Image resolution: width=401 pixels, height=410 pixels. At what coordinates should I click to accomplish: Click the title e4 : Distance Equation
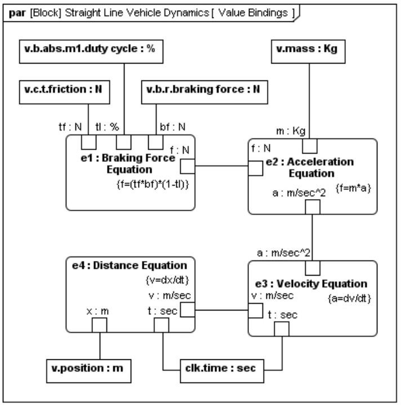coord(130,265)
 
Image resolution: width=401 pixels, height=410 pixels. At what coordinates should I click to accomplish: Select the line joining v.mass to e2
coord(309,101)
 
